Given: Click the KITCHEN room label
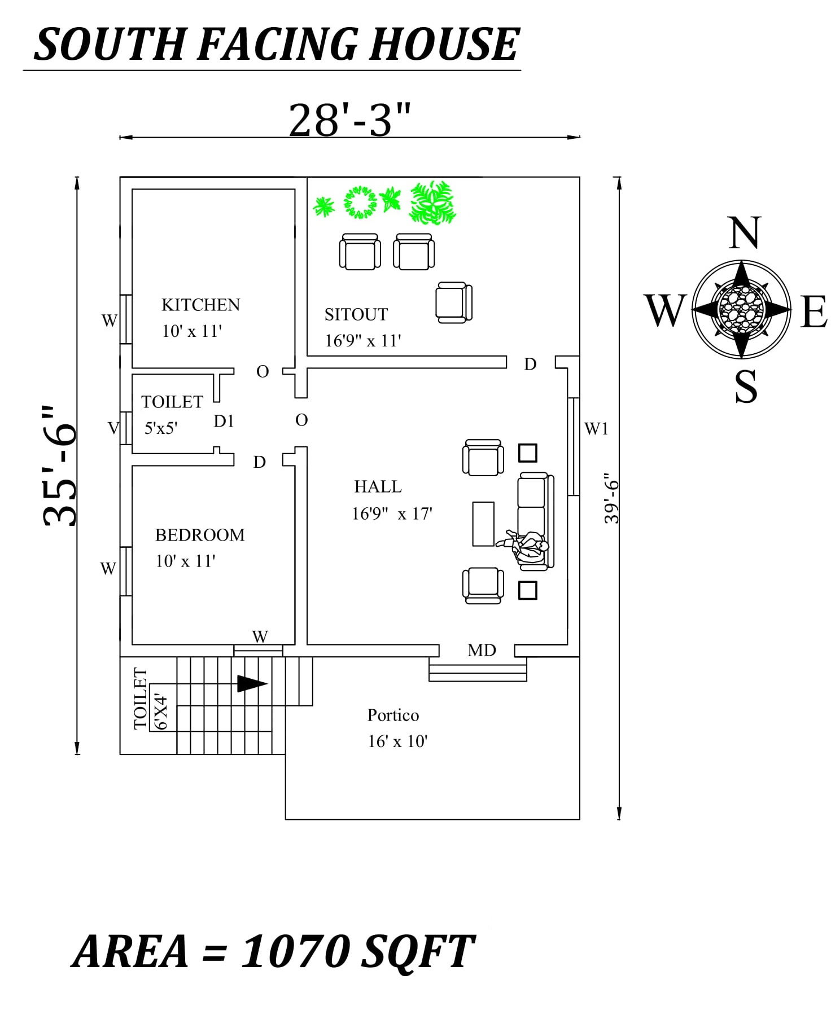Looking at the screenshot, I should click(200, 305).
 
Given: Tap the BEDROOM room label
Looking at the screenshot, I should click(200, 535).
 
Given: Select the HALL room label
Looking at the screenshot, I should click(378, 486).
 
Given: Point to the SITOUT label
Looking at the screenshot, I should click(356, 314).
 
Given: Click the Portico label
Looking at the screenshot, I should click(393, 715).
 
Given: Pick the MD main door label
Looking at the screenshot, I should click(482, 651).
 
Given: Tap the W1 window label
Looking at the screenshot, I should click(596, 429).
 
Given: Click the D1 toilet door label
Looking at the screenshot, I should click(224, 421).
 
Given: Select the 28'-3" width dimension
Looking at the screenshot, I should click(348, 120).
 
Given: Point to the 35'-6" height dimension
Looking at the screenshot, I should click(59, 466).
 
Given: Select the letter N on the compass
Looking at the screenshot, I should click(744, 233).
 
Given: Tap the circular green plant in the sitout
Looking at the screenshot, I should click(360, 202).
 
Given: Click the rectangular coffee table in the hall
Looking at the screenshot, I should click(483, 524).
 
